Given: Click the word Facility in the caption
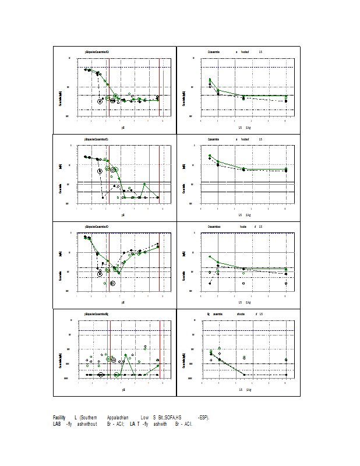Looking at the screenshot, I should [59, 418].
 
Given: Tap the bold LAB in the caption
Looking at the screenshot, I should [58, 423].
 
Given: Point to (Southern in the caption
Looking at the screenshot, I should [89, 418].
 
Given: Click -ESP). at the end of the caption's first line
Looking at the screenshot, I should [203, 418].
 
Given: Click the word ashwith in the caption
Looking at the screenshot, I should [159, 423].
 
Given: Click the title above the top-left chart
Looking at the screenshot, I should [97, 52].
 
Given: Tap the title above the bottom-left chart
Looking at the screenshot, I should [97, 314].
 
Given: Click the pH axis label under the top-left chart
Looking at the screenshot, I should [123, 127].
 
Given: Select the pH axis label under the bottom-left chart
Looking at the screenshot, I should [123, 389].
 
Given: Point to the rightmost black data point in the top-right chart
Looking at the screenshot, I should [285, 101].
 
